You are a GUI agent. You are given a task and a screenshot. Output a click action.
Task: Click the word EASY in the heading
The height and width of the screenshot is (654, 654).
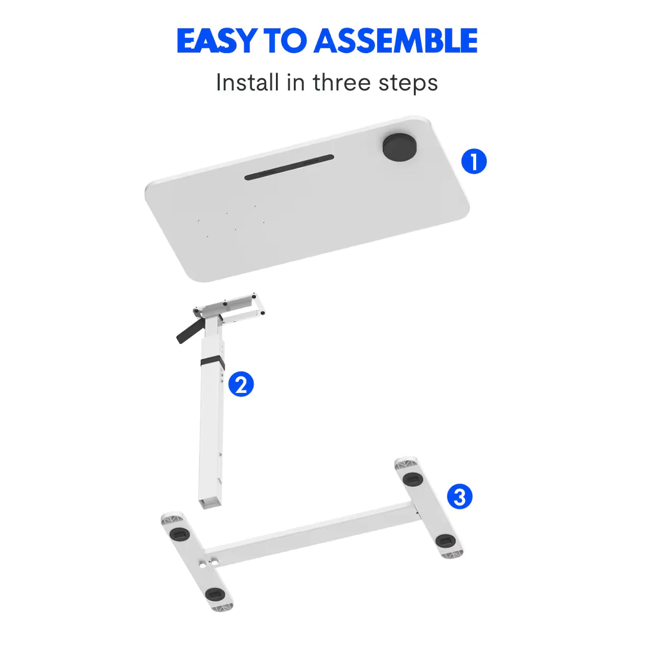(216, 41)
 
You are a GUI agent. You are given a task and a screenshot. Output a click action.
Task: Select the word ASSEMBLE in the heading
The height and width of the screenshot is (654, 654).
(396, 41)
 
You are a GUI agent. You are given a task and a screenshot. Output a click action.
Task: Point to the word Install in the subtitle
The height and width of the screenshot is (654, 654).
(247, 82)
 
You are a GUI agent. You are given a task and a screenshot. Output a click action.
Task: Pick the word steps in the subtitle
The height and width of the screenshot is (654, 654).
(408, 83)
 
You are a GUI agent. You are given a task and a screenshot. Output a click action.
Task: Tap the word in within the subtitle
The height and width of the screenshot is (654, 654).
(295, 82)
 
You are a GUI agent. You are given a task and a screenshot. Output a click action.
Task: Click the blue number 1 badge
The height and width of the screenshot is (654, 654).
(474, 161)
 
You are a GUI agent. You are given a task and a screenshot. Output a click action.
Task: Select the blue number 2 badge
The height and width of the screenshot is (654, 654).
(241, 384)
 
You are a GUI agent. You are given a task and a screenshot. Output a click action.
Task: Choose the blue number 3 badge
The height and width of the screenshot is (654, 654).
(460, 496)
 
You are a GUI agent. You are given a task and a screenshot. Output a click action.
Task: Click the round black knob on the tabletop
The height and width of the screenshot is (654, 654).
(400, 147)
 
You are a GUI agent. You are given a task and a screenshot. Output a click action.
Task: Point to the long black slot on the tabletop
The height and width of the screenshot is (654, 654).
(289, 168)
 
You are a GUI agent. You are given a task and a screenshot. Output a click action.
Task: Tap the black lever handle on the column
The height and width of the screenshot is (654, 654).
(188, 331)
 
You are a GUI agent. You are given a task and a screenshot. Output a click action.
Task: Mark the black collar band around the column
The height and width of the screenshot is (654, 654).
(212, 362)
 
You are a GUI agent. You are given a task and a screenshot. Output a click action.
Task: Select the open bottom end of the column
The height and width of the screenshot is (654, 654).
(210, 503)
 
